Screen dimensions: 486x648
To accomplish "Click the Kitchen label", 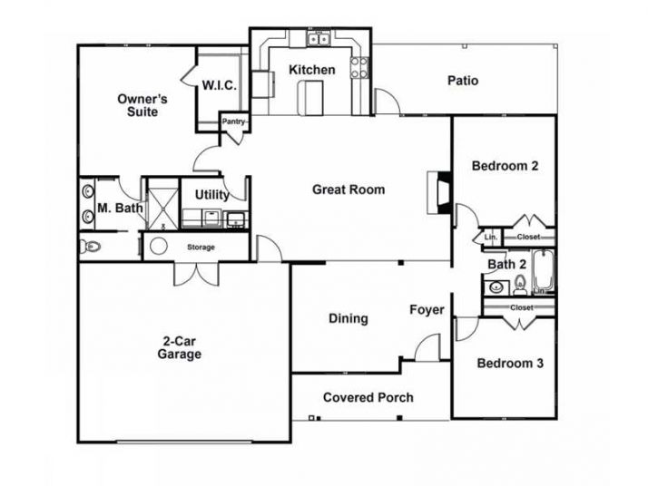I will [311, 70].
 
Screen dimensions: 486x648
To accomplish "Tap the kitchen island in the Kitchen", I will [314, 97].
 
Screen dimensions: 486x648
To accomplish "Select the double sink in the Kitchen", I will [318, 39].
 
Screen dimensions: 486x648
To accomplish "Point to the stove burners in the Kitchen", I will [359, 66].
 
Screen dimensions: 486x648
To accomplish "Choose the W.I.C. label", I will [220, 86].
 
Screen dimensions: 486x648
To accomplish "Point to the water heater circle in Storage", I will [158, 246].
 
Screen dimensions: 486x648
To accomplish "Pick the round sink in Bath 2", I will [496, 288].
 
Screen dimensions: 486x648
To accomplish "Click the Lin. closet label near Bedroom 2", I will [491, 237].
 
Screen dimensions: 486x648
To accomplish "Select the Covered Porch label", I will [368, 397].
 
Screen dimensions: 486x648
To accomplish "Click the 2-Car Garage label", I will [179, 348].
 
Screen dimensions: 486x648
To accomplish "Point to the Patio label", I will [463, 81].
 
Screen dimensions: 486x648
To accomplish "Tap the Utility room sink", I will [236, 218].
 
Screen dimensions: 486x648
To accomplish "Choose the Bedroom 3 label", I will [510, 364].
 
